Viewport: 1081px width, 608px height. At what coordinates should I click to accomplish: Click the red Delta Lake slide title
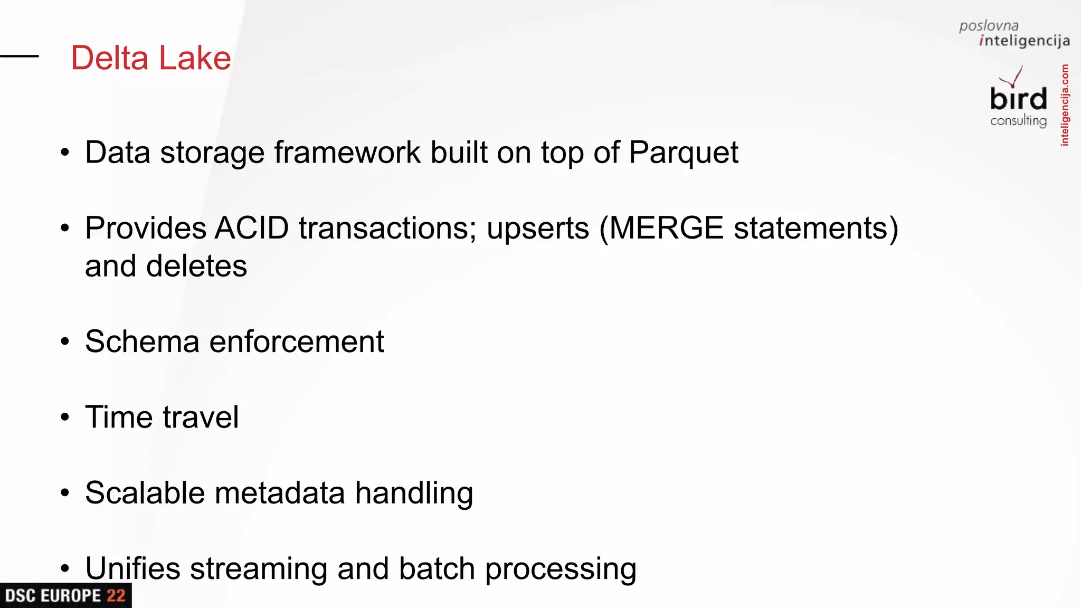point(151,58)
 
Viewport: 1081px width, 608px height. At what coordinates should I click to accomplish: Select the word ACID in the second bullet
point(252,228)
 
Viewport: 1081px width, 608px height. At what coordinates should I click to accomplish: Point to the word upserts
point(537,229)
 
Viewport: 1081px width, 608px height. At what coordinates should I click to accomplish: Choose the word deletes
point(196,266)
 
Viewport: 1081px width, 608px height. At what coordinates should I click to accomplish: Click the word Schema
point(142,341)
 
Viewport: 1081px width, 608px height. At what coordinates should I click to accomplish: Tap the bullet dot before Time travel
point(65,417)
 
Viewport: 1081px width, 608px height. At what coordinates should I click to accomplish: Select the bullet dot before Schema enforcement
point(65,342)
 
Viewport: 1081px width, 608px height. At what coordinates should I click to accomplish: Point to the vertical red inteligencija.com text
point(1065,105)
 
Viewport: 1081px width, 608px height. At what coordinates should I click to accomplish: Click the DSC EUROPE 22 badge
point(65,596)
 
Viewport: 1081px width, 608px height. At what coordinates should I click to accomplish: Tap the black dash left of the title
point(20,56)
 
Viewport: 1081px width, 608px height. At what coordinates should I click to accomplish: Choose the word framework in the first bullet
point(347,153)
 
